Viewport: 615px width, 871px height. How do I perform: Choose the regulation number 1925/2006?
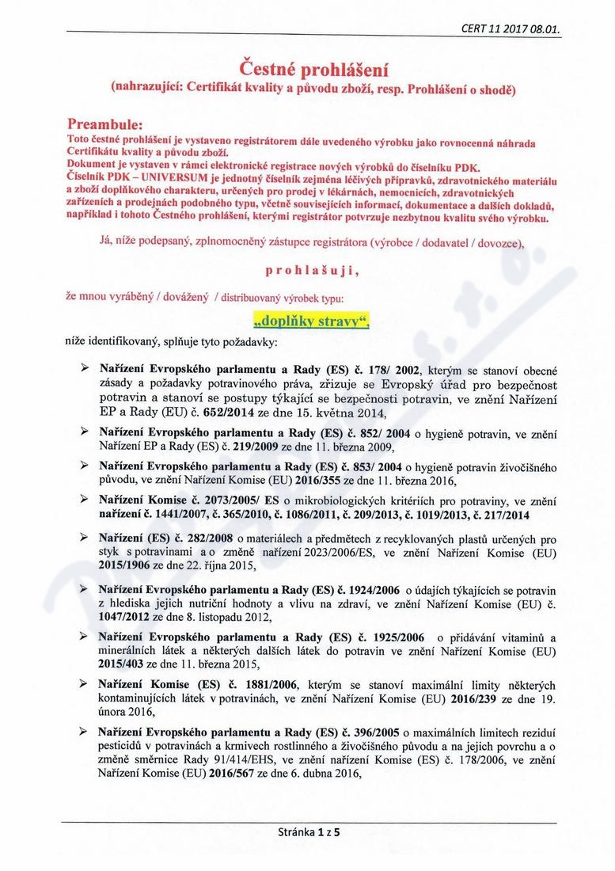(379, 638)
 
